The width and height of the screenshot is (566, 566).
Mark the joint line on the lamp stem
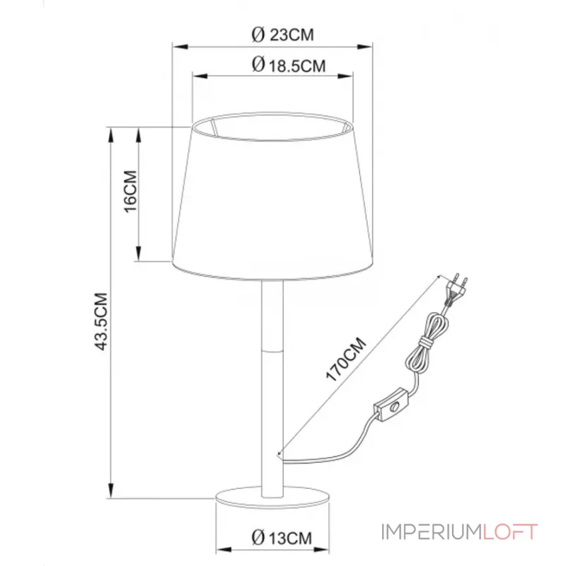pyautogui.click(x=273, y=347)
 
